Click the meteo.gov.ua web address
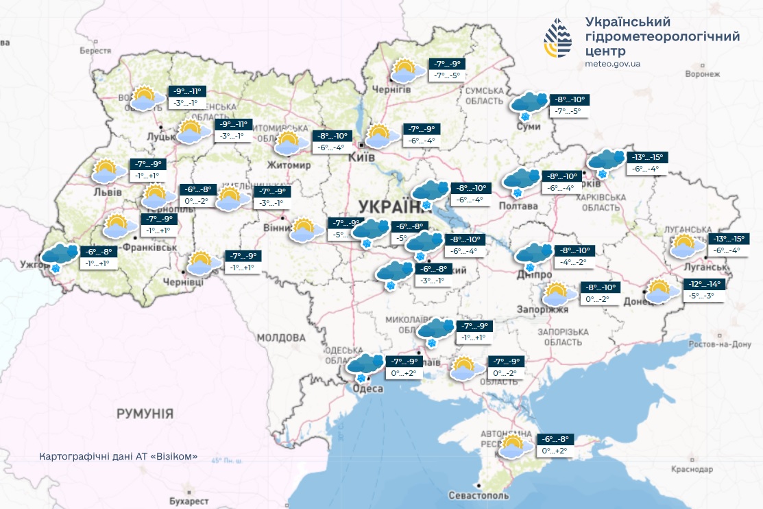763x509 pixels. point(613,64)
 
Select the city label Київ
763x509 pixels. point(361,157)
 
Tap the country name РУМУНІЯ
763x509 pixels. point(145,414)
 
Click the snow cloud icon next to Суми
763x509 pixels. point(529,103)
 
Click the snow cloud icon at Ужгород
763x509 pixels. point(58,257)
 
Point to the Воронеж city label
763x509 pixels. point(706,73)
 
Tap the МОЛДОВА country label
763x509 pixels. point(281,338)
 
